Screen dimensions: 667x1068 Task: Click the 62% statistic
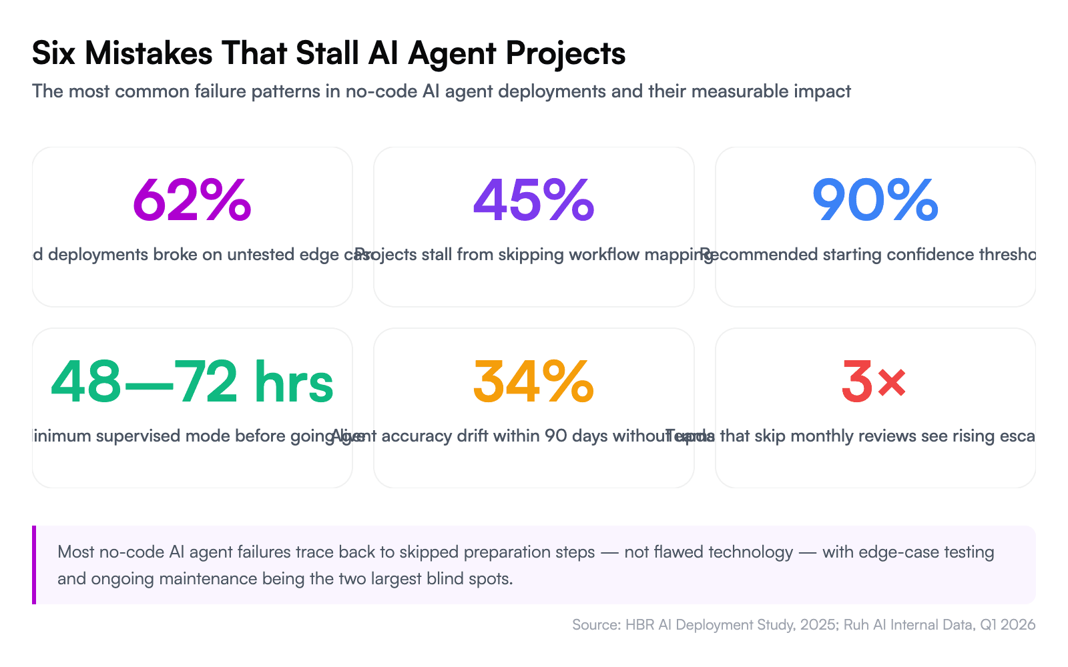coord(192,200)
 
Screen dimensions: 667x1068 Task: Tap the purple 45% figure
coord(533,200)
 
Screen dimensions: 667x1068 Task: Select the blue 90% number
coord(875,200)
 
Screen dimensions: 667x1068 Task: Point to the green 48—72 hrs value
coord(192,382)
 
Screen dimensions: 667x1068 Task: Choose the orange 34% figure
coord(533,382)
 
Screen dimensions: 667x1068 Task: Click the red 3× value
coord(874,382)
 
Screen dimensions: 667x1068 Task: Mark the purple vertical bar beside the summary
coord(34,564)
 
